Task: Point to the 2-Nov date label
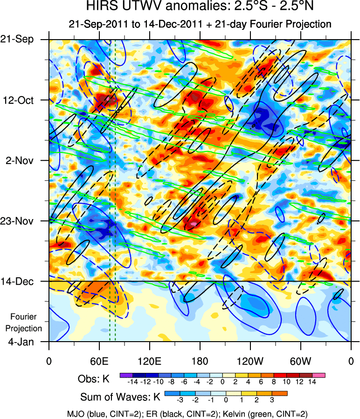click(21, 160)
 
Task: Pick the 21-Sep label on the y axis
click(21, 40)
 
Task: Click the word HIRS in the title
click(101, 7)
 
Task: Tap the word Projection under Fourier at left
click(26, 328)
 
